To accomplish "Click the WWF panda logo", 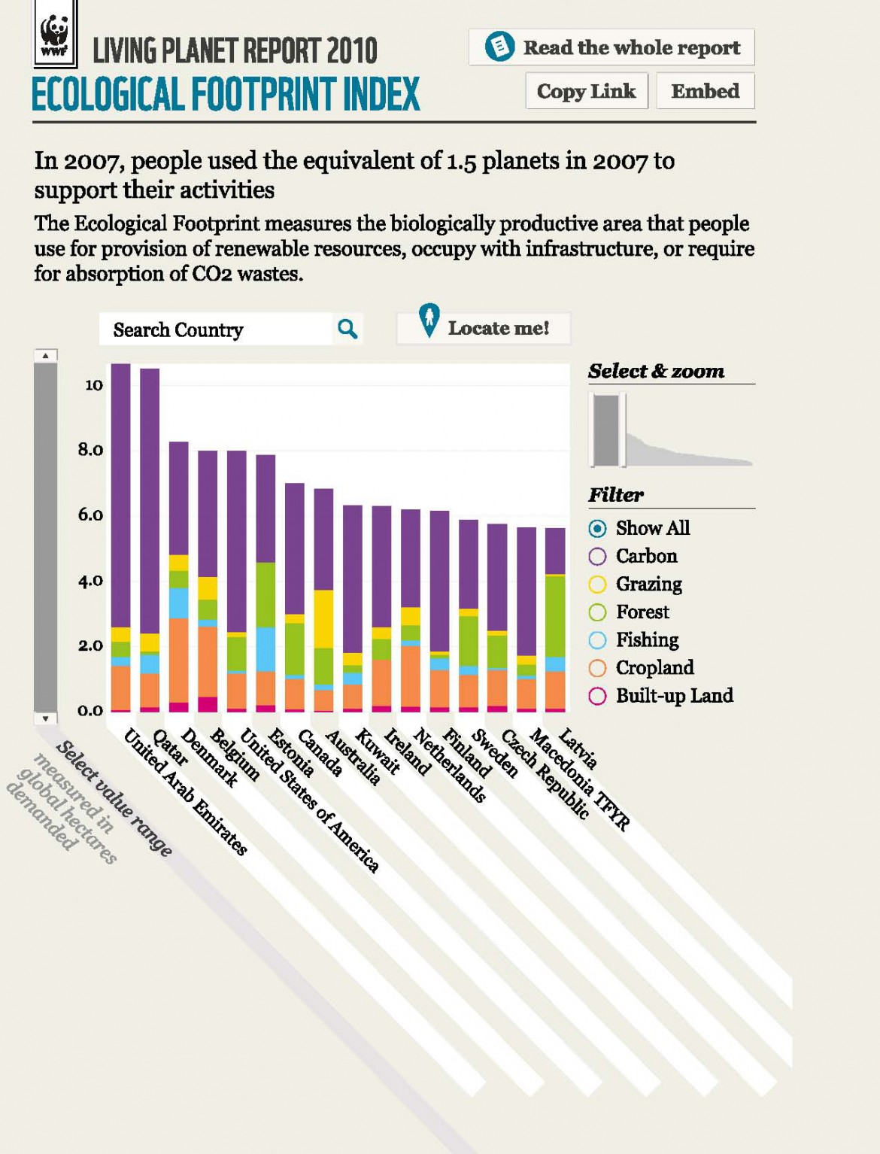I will [x=54, y=35].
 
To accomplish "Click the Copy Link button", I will [x=586, y=91].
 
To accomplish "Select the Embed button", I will [x=705, y=91].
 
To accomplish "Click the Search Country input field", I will [x=215, y=329].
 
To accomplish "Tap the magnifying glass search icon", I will [x=347, y=329].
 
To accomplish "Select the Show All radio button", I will [x=597, y=529].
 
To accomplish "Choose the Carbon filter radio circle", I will [x=597, y=557].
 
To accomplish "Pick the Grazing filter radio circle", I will [x=597, y=585].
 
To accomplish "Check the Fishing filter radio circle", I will [x=597, y=640].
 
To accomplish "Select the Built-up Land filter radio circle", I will [x=597, y=696].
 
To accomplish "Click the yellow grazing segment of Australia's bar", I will [x=323, y=618].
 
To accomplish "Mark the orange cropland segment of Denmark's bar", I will [x=178, y=660].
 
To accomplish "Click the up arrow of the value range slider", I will [x=46, y=355].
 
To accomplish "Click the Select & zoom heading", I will [x=656, y=371].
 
